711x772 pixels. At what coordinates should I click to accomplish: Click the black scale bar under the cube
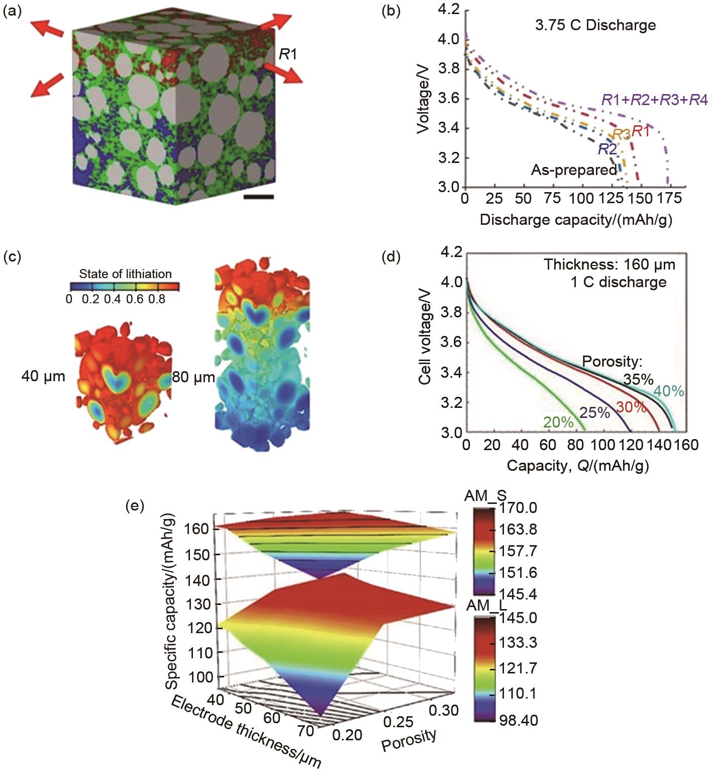click(258, 197)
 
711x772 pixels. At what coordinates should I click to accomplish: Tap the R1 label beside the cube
click(288, 54)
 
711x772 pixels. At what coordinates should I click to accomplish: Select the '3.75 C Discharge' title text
click(595, 25)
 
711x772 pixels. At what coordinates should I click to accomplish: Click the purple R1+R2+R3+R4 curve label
click(654, 100)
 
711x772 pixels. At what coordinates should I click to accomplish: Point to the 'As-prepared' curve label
click(574, 170)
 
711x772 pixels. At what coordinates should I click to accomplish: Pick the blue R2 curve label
click(607, 149)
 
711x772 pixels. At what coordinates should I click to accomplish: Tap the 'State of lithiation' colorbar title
click(125, 274)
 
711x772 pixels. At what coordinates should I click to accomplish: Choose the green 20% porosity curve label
click(558, 422)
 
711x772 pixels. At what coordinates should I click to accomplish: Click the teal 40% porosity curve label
click(669, 391)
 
